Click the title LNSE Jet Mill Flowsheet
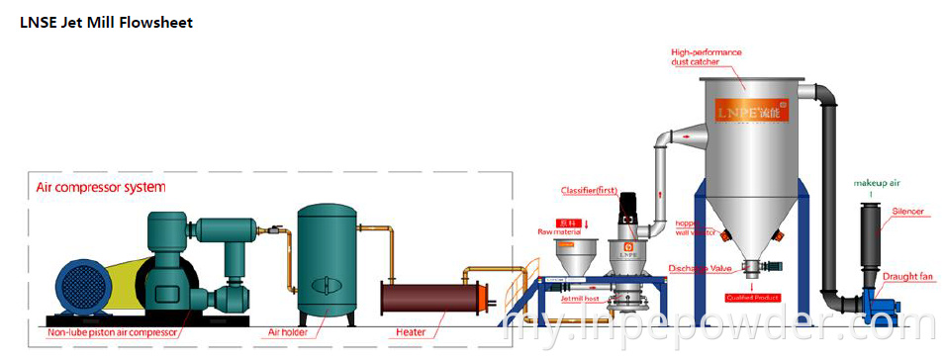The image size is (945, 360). (x=106, y=23)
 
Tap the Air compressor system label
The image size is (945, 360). (x=100, y=186)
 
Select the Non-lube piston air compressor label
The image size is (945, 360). (x=112, y=333)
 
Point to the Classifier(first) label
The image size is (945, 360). (x=591, y=190)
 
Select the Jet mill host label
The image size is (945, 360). (x=581, y=299)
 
